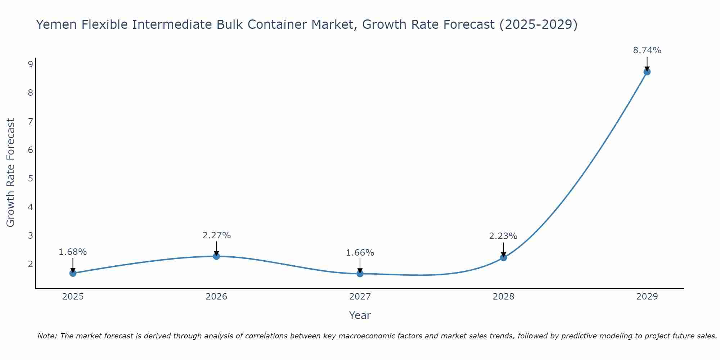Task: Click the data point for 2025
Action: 73,273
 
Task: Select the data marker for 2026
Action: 216,256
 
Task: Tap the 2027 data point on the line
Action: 360,274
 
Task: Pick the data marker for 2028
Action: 503,257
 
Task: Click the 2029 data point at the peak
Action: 647,72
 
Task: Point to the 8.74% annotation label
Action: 647,50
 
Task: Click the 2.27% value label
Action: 216,235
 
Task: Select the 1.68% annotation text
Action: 73,252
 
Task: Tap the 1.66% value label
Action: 360,253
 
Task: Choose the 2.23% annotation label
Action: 503,236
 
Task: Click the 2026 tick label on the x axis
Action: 216,297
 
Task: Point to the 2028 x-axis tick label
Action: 503,297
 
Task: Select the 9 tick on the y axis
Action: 30,64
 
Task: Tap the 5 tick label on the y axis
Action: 30,179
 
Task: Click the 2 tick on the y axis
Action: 30,264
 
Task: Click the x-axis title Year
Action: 360,315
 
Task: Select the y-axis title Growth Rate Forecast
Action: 11,173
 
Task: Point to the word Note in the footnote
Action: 47,336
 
